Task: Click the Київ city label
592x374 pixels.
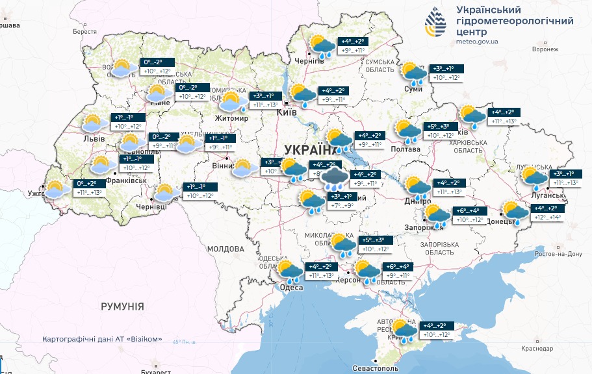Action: click(x=287, y=113)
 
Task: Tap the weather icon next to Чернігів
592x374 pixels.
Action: click(x=322, y=47)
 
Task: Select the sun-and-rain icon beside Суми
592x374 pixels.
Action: click(x=413, y=73)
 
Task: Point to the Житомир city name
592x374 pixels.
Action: click(x=232, y=118)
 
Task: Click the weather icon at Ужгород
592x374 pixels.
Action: click(x=57, y=189)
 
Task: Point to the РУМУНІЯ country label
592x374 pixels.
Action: click(x=122, y=306)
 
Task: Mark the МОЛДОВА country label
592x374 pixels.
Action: click(x=225, y=249)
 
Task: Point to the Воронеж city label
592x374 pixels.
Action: click(x=545, y=49)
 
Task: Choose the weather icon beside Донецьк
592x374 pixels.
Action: click(x=515, y=211)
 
